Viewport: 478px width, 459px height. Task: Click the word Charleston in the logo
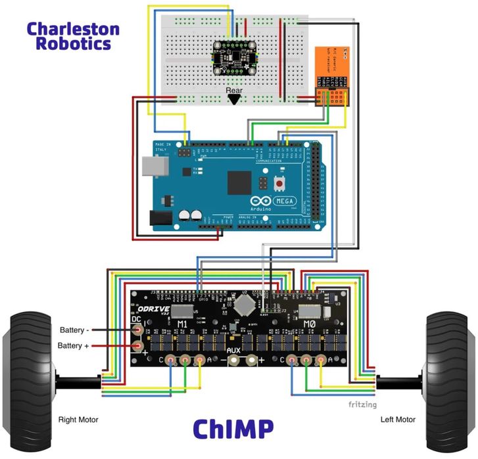click(x=73, y=30)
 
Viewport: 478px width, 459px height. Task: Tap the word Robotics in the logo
click(x=73, y=45)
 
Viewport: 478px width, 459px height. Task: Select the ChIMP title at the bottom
click(x=233, y=428)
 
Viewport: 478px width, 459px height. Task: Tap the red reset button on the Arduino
click(x=279, y=182)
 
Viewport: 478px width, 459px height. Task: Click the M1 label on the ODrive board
click(x=183, y=324)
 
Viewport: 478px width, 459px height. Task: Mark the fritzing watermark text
click(x=363, y=404)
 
